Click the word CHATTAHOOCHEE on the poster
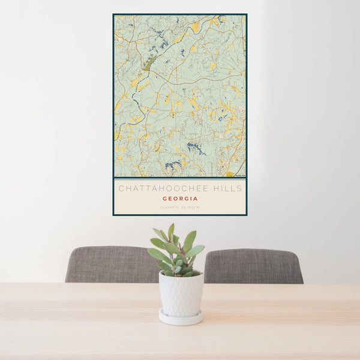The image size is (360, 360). point(161,188)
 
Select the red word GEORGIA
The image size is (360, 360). point(180,199)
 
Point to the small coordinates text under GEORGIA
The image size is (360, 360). point(180,208)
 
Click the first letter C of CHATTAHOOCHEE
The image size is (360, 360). point(121,188)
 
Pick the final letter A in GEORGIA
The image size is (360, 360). point(196,199)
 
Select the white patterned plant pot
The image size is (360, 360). point(181,294)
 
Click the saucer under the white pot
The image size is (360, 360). point(181,318)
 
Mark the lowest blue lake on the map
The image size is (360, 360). point(173,164)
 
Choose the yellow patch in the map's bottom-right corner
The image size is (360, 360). point(230,174)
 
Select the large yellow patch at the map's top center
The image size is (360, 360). point(196,27)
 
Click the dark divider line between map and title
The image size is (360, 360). point(180,178)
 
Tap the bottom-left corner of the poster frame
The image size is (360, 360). point(113,214)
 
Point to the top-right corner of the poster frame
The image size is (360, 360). point(246,14)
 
